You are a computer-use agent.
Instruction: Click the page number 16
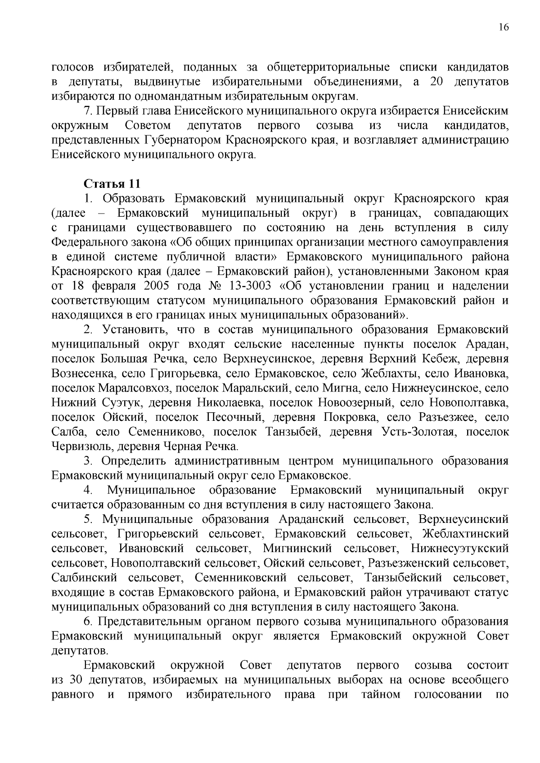504,27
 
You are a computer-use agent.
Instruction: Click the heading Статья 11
112,184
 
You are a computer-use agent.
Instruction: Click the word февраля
114,286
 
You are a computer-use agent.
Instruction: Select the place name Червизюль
79,446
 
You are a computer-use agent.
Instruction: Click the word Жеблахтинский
466,534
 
